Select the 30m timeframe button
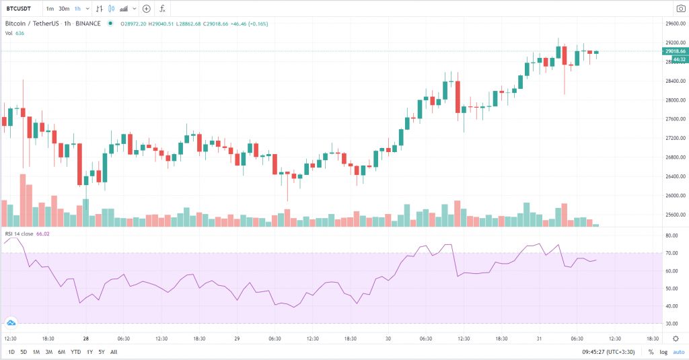coord(64,9)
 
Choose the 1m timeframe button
coord(50,9)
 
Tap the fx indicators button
coord(162,9)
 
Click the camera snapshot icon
coord(680,9)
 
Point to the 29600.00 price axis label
coord(674,24)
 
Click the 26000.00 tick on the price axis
coord(674,196)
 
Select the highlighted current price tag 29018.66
coord(674,51)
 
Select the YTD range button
coord(75,352)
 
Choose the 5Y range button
coord(101,352)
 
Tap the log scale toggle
coord(664,352)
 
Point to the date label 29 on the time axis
coord(236,338)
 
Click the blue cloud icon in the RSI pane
coord(11,323)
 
